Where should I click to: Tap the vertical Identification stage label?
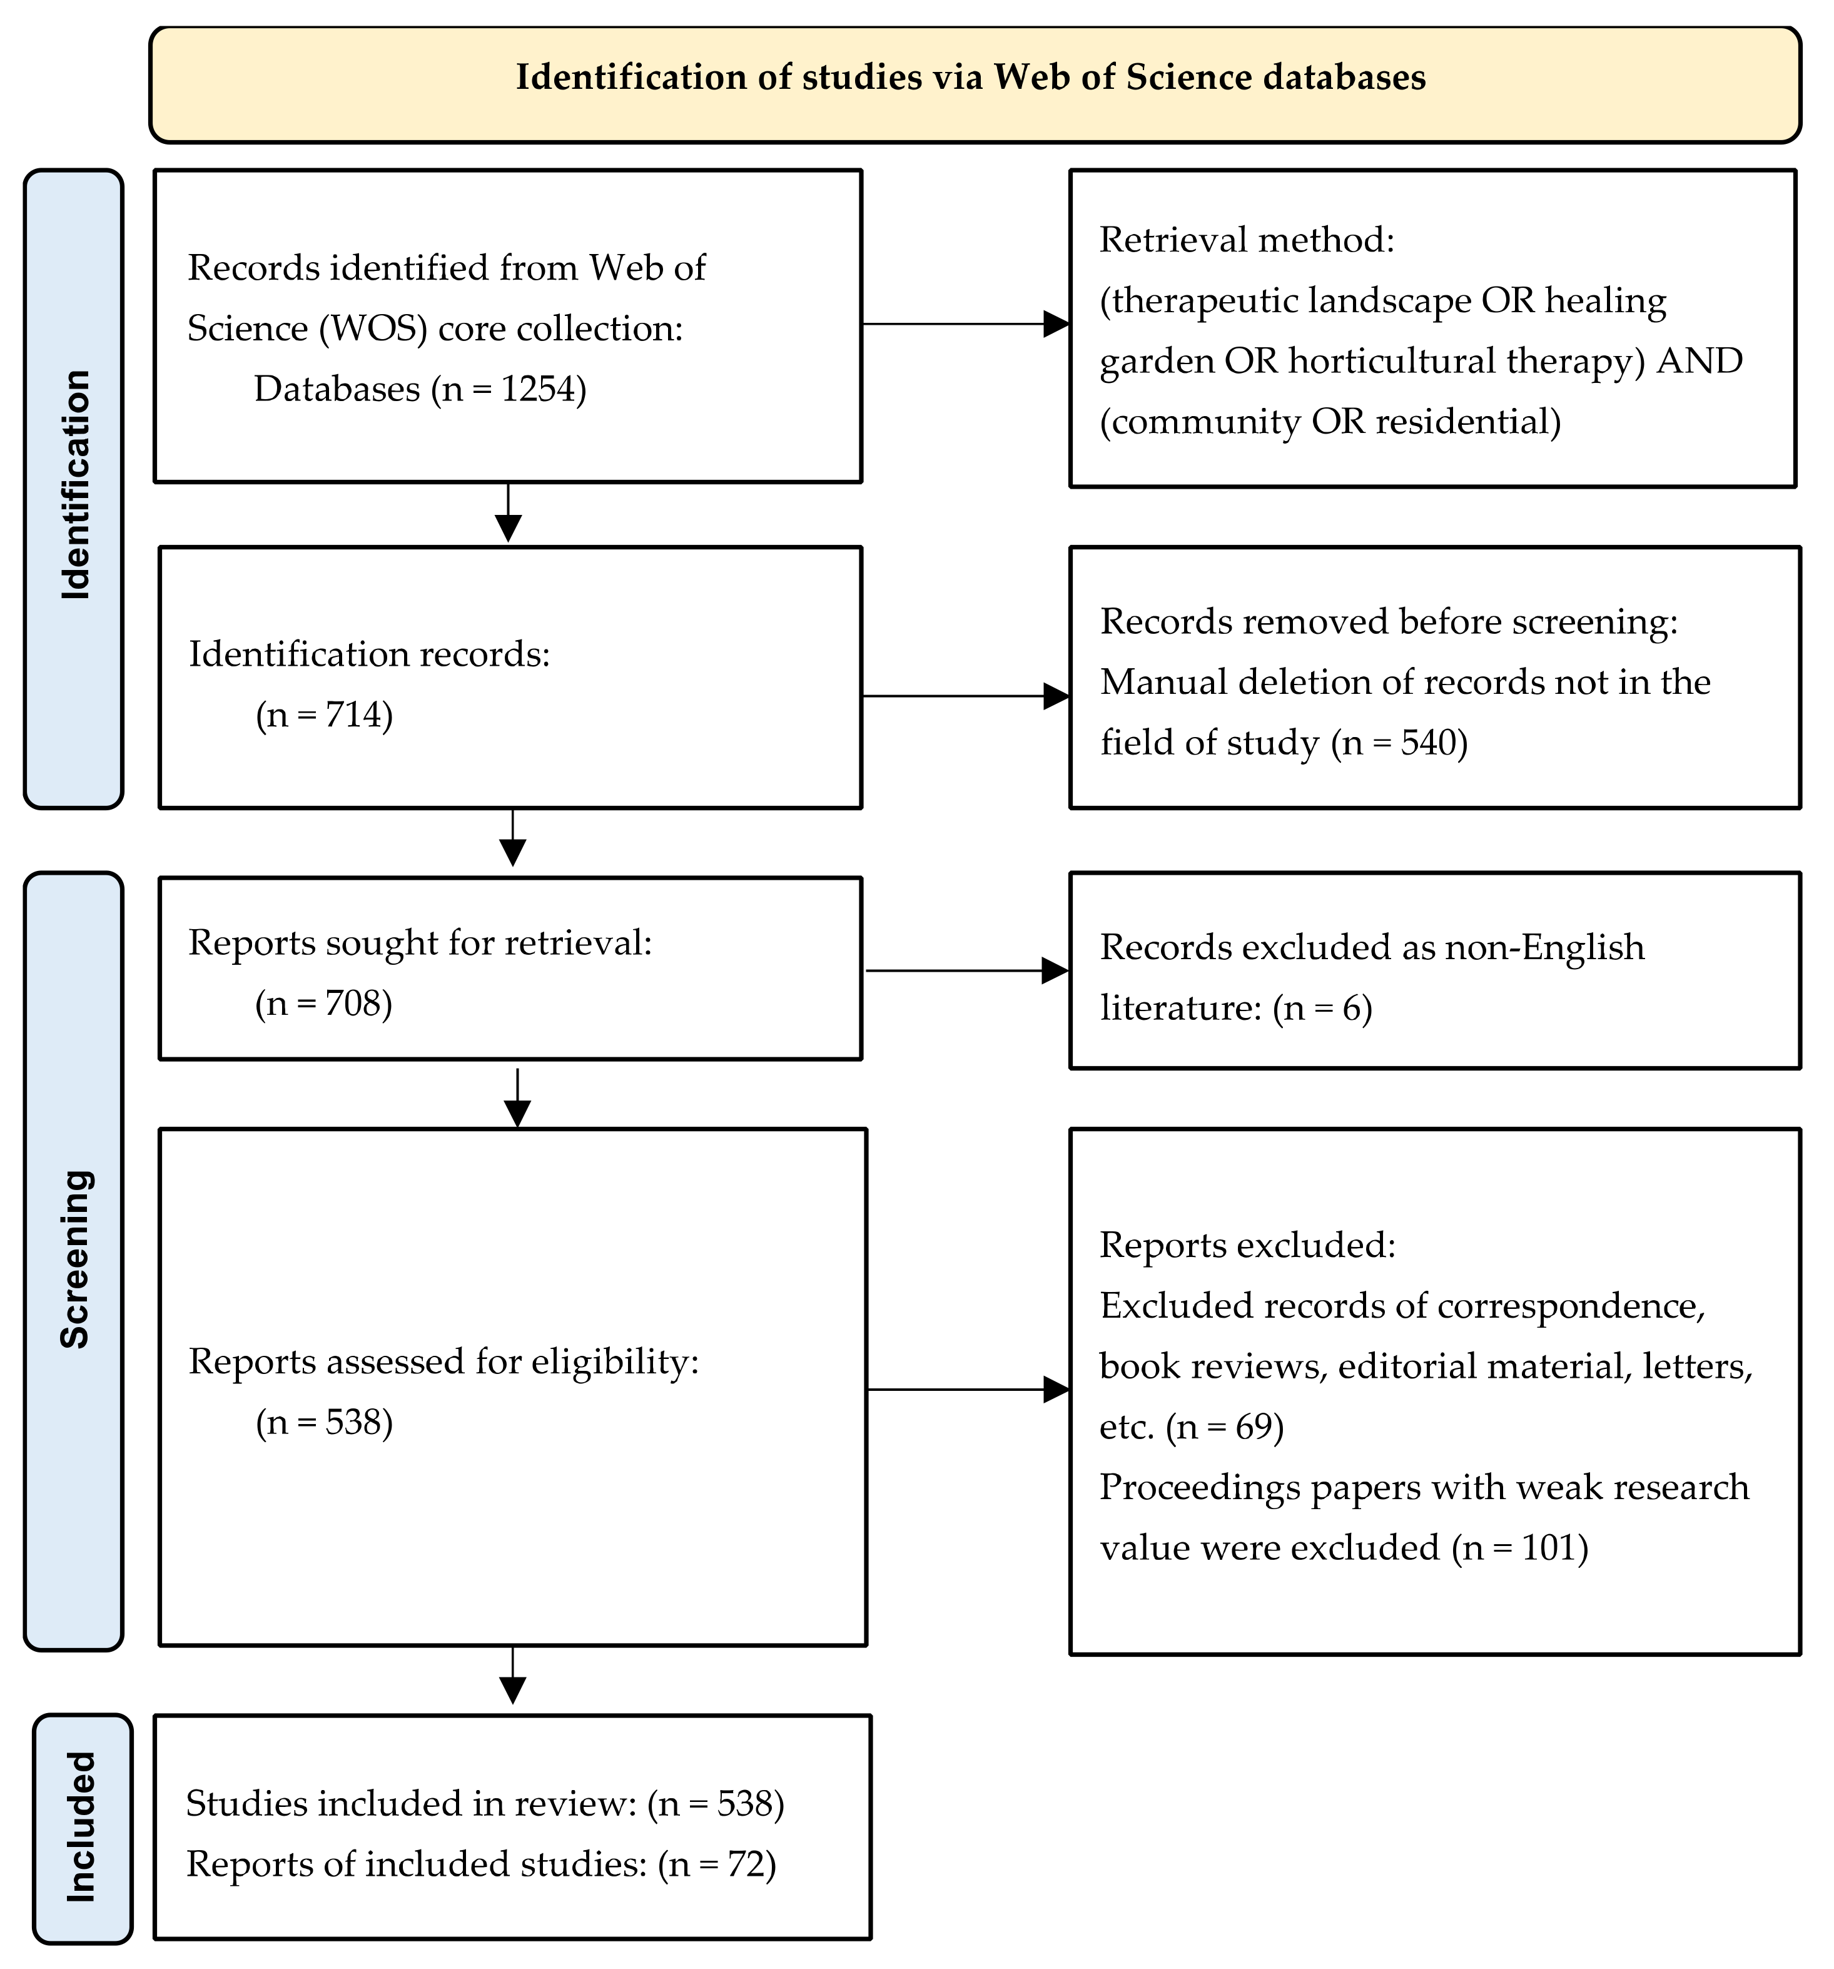pos(74,486)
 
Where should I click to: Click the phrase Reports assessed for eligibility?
pos(443,1362)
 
